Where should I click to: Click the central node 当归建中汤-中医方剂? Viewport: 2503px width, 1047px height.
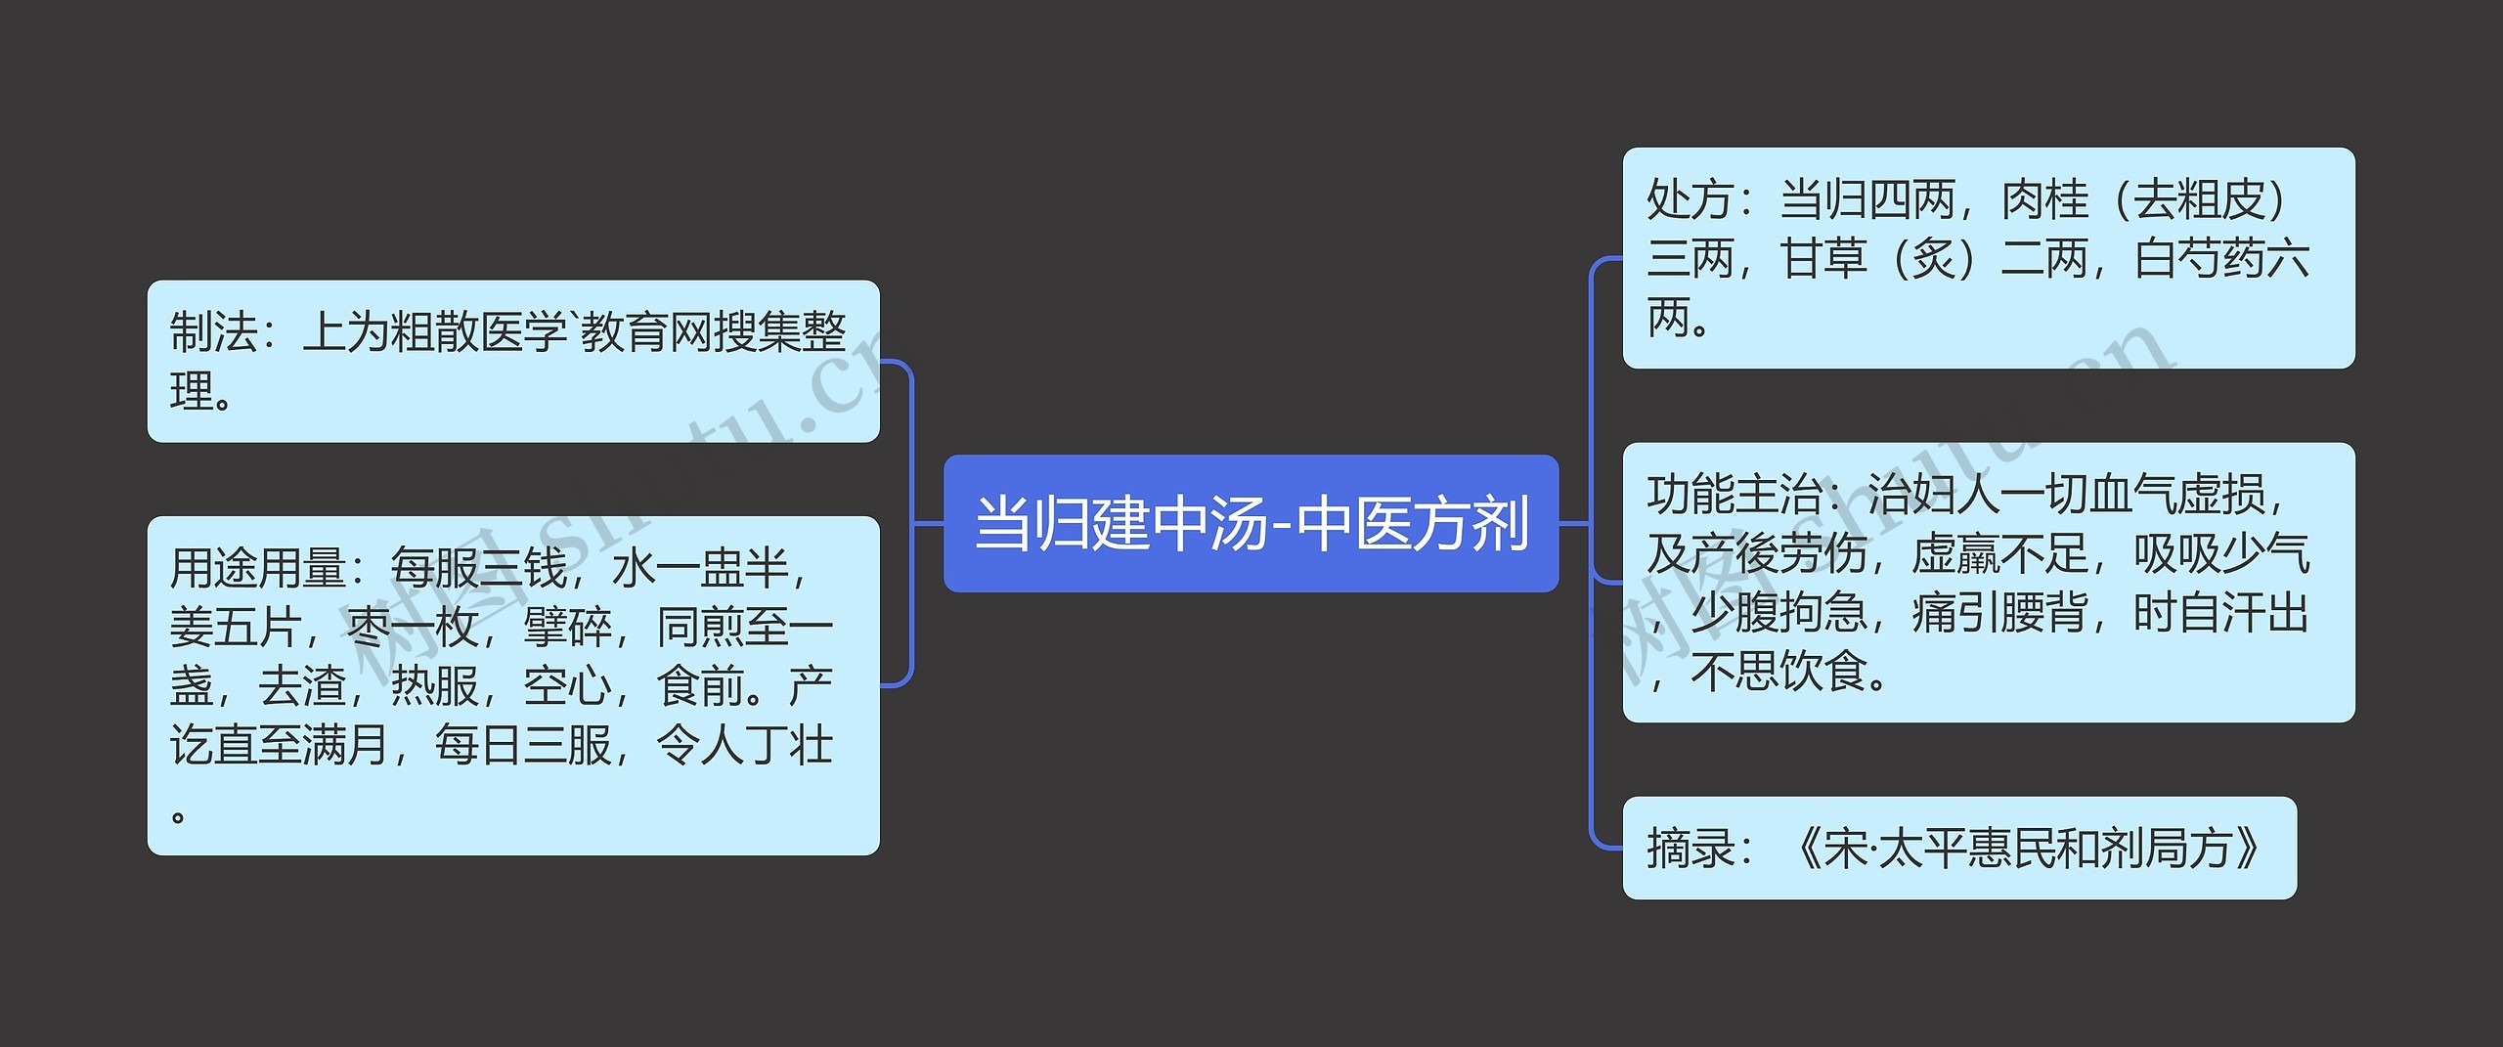click(1251, 523)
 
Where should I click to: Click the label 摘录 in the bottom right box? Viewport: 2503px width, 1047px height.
click(1690, 849)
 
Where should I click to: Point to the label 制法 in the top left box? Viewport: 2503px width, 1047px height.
click(213, 332)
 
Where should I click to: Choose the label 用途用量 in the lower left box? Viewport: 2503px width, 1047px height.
click(256, 569)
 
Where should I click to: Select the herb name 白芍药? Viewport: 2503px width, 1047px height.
click(2200, 260)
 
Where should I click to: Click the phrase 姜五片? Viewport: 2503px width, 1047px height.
click(235, 628)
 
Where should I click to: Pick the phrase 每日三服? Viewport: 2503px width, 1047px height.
click(523, 746)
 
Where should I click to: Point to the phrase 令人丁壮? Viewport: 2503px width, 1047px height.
click(745, 746)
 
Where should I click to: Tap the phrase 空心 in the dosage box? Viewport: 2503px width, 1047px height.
click(567, 686)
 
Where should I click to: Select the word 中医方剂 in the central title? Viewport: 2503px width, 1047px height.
click(1413, 523)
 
